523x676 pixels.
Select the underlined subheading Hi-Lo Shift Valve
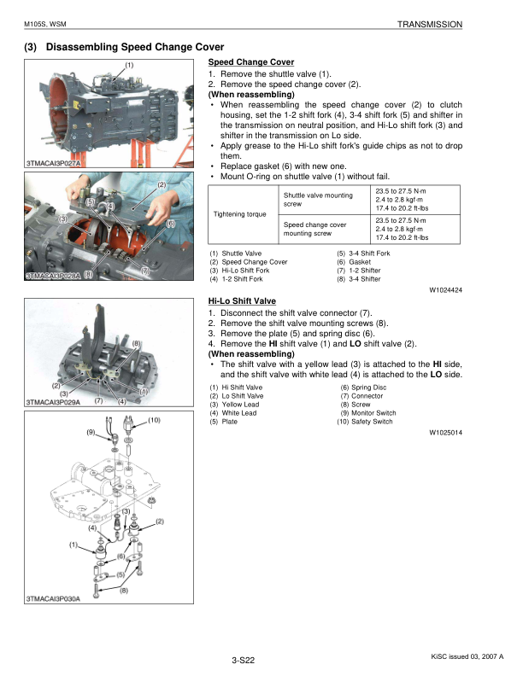point(242,301)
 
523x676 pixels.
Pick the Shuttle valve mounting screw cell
point(317,200)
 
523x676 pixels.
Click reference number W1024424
point(445,290)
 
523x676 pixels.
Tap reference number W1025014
point(445,433)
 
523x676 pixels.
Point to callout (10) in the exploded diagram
point(154,420)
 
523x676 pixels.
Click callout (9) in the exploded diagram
point(91,433)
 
